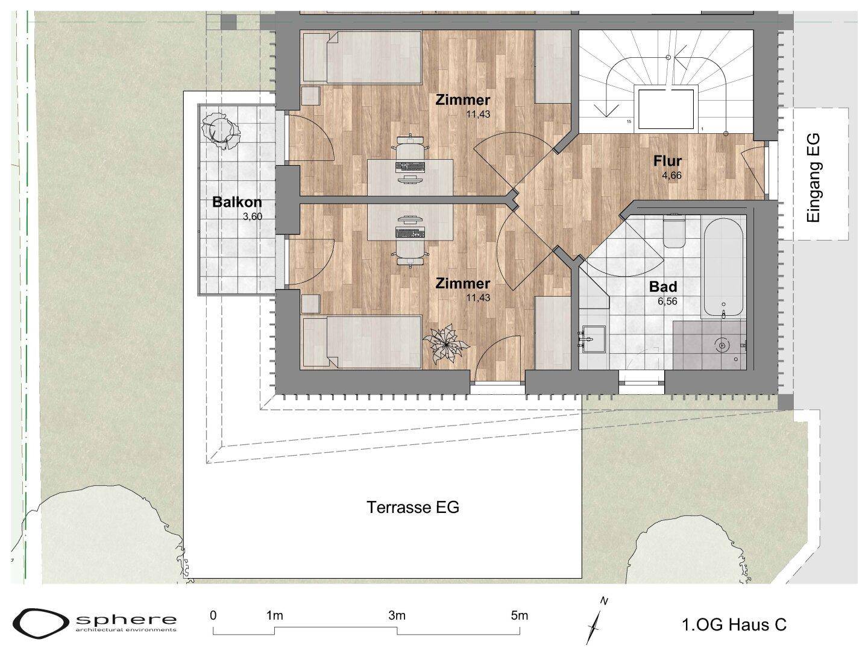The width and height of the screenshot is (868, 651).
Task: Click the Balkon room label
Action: point(237,203)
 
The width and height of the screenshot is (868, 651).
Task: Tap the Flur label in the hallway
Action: point(667,161)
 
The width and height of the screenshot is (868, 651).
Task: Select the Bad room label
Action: point(663,286)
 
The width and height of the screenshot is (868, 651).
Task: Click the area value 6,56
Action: point(667,301)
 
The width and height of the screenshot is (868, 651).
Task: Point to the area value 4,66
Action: point(672,175)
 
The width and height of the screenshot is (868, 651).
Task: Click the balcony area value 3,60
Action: point(253,216)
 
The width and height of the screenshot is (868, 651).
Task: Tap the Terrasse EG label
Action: point(414,507)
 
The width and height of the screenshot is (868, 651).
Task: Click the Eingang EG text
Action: point(813,178)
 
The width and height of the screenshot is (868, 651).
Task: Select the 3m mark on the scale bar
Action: point(397,616)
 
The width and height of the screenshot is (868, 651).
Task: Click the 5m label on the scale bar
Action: point(519,616)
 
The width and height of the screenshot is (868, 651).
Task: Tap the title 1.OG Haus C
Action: point(734,625)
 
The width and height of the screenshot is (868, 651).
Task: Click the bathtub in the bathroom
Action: point(723,267)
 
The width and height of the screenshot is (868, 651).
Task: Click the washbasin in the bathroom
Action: point(594,339)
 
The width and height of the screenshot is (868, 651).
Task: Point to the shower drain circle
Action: point(722,345)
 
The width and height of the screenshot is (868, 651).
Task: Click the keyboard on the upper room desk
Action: point(410,167)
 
